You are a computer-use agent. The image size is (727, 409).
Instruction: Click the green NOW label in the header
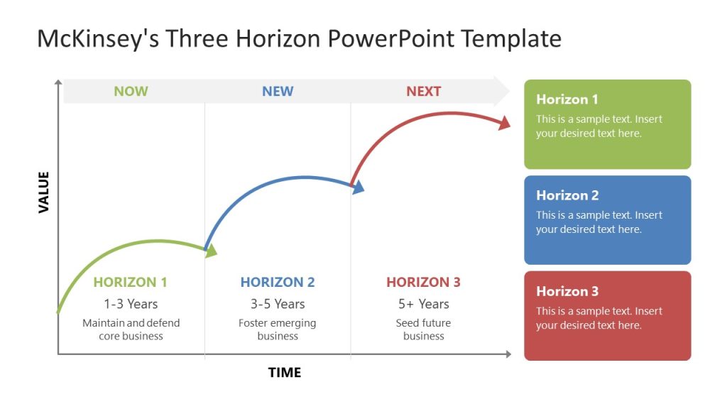(x=131, y=91)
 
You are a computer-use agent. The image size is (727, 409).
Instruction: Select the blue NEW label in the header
(x=278, y=91)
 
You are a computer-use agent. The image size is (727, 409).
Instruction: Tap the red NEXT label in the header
(x=423, y=91)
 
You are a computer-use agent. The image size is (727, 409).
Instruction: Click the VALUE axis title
(x=44, y=192)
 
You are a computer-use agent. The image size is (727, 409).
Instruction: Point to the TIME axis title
(x=284, y=372)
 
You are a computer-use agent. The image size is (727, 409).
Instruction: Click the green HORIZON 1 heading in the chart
(x=130, y=282)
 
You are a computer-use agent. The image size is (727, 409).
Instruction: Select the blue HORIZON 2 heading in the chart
(x=278, y=282)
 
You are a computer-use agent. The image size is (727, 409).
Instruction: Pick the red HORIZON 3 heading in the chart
(x=423, y=282)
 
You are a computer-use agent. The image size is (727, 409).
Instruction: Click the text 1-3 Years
(x=131, y=304)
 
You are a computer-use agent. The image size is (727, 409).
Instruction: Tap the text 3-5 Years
(x=278, y=304)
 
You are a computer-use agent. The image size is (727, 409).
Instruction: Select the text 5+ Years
(x=423, y=304)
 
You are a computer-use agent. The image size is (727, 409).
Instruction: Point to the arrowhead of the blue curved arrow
(x=359, y=187)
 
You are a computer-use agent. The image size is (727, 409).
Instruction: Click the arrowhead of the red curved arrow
(x=504, y=123)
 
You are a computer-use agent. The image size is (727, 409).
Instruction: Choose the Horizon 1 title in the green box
(x=567, y=99)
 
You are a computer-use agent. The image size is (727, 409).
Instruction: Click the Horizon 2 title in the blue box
(x=567, y=195)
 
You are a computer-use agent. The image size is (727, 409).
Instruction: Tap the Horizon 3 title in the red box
(x=567, y=291)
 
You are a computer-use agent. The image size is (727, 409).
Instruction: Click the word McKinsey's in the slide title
(x=98, y=38)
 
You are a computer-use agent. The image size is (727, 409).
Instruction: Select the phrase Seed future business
(x=423, y=329)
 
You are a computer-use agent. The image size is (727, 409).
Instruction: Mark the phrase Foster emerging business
(x=278, y=329)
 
